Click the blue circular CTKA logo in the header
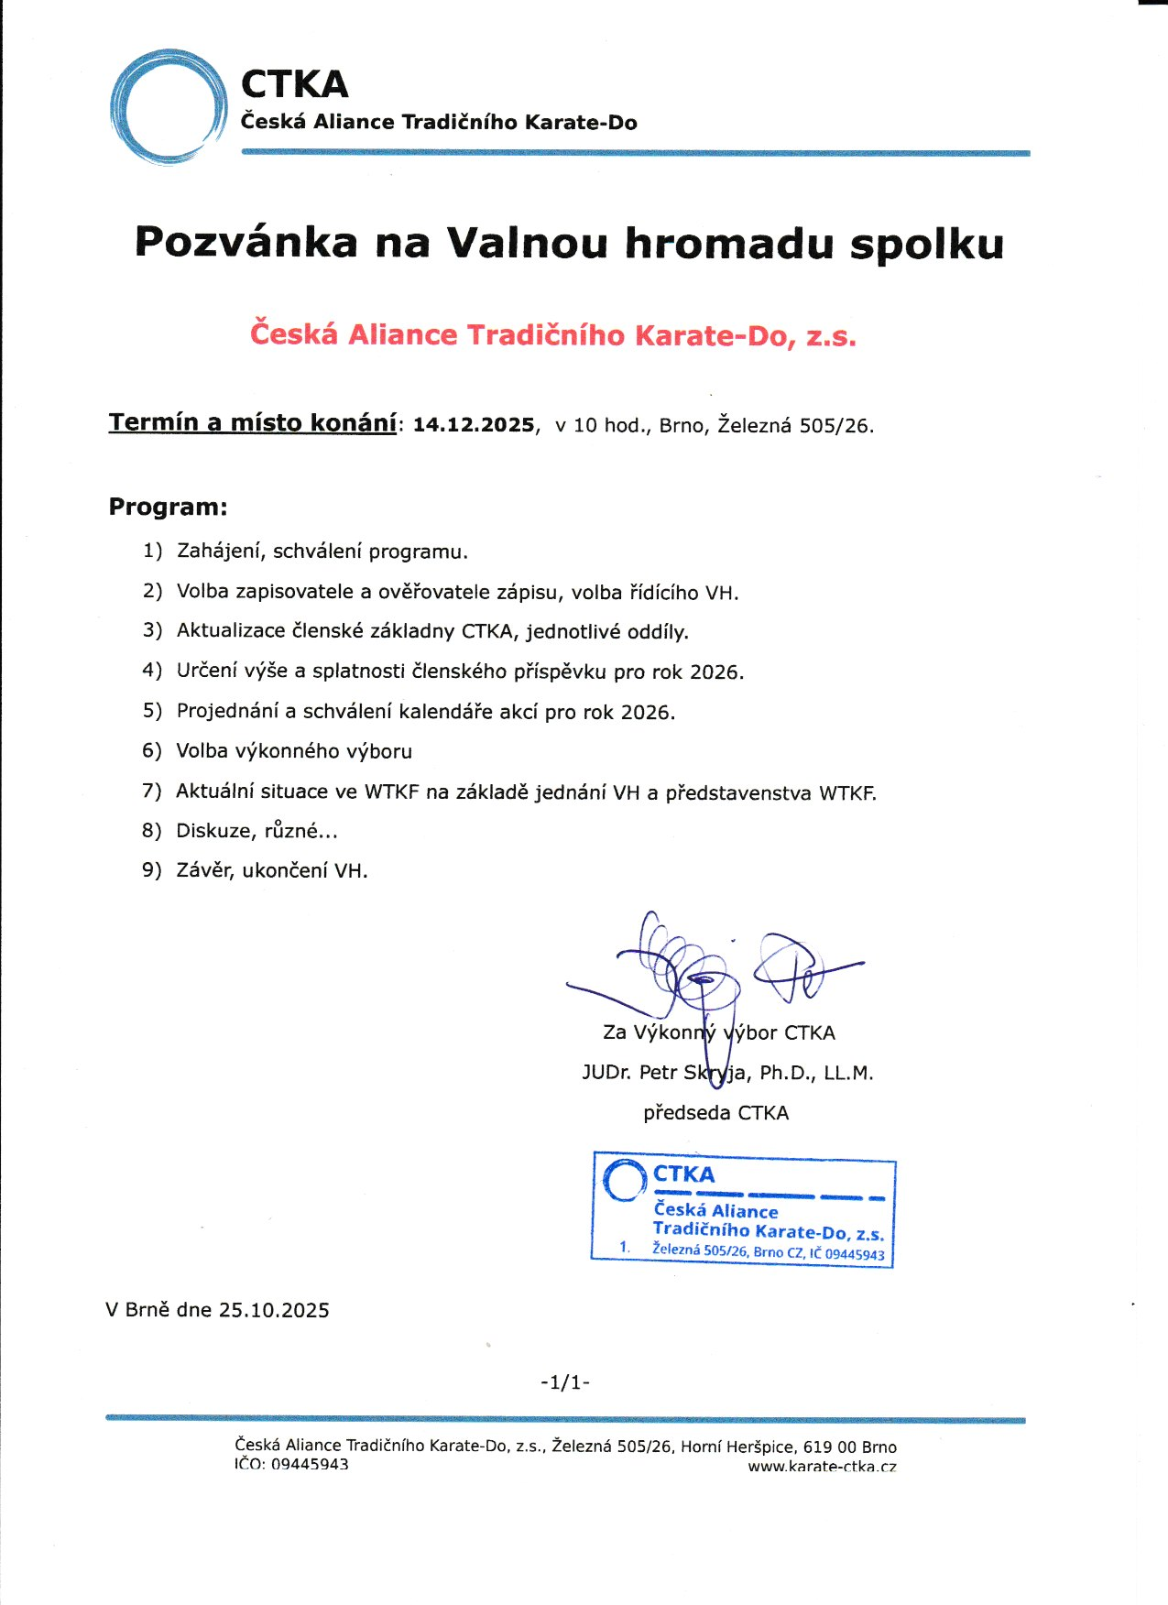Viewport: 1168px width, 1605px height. click(169, 107)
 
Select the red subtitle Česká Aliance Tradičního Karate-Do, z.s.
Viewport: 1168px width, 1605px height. click(553, 335)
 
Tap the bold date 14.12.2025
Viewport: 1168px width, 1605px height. click(474, 425)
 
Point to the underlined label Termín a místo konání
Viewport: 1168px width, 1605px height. click(252, 423)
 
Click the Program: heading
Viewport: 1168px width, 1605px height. click(168, 508)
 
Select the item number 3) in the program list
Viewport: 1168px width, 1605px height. click(152, 631)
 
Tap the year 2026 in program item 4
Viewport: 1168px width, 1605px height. click(715, 672)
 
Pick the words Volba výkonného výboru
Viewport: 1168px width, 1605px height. click(294, 751)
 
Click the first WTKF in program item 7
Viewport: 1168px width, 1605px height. click(391, 792)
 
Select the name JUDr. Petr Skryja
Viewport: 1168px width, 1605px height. click(666, 1073)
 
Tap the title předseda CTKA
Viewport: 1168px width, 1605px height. click(715, 1113)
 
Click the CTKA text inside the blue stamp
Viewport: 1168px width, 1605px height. click(683, 1174)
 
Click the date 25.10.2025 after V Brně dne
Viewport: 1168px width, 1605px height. click(274, 1310)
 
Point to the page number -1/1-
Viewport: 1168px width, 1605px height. click(565, 1382)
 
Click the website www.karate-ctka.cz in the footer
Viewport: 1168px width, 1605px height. click(822, 1466)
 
